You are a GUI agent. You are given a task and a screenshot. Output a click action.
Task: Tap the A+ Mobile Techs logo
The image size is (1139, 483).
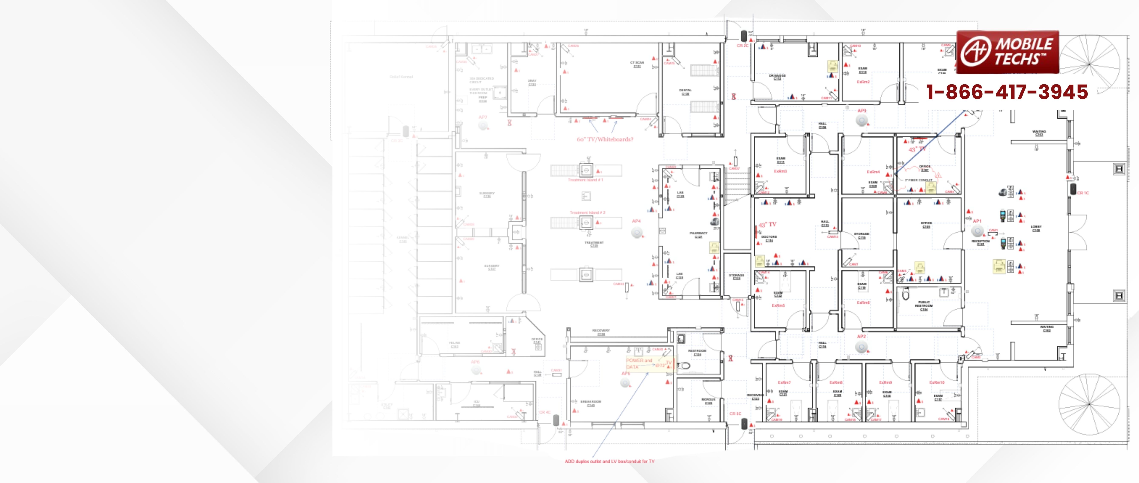1008,52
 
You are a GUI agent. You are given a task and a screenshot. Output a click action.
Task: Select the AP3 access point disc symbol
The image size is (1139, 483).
861,120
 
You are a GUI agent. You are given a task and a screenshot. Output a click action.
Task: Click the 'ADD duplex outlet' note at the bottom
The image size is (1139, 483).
609,461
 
